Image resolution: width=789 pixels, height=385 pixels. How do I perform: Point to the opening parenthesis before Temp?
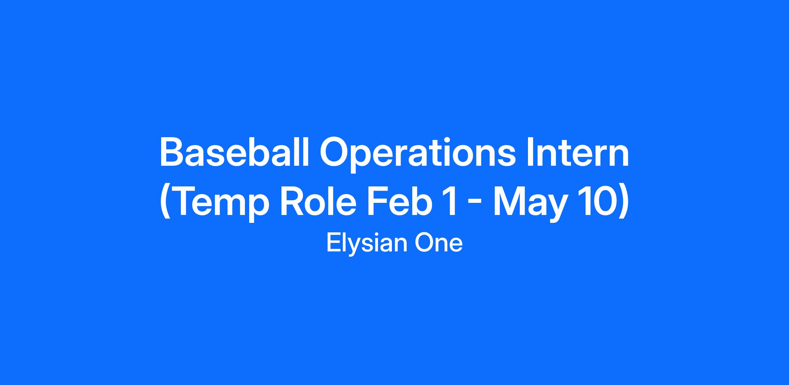[x=165, y=203]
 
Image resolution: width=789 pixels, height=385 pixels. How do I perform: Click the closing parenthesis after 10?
[x=623, y=203]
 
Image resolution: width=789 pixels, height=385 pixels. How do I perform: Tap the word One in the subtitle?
[x=439, y=243]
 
